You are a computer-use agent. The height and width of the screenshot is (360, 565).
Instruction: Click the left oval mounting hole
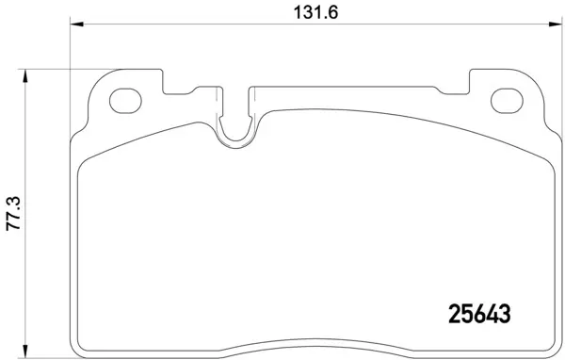pyautogui.click(x=124, y=100)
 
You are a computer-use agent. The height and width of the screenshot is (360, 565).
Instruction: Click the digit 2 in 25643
pyautogui.click(x=451, y=311)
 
